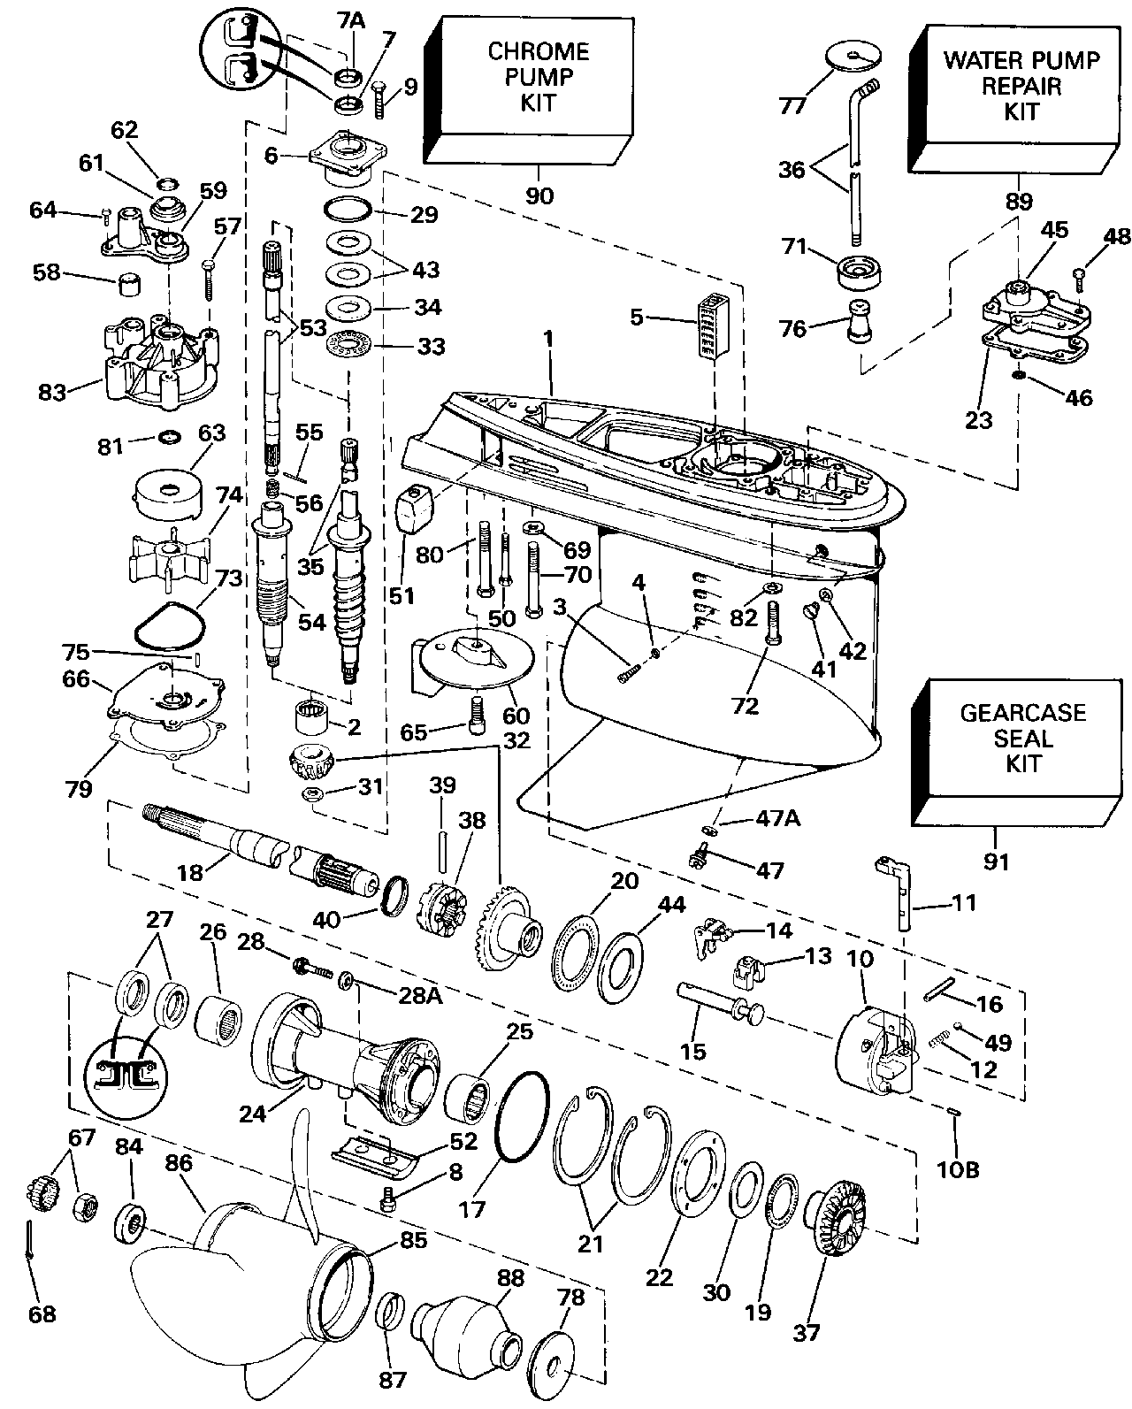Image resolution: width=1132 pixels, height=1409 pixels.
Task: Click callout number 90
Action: coord(539,195)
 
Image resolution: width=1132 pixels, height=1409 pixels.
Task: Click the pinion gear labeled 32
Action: coord(309,759)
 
